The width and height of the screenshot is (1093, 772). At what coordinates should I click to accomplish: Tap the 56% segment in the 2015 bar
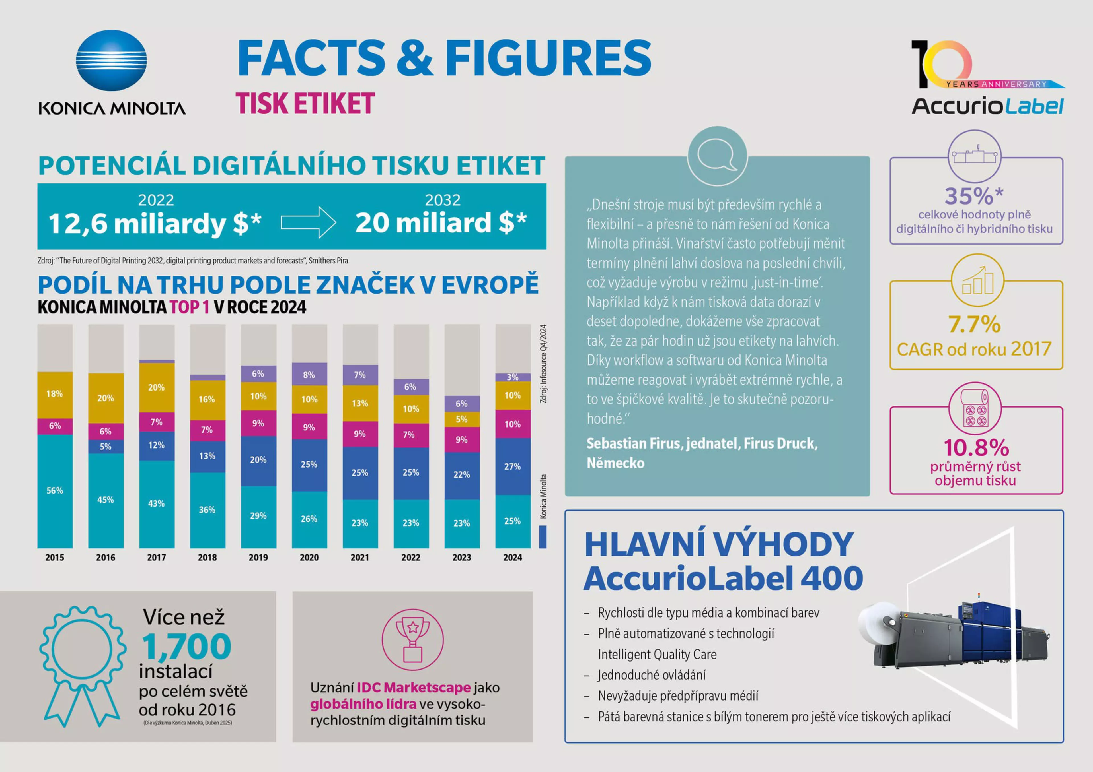click(x=55, y=490)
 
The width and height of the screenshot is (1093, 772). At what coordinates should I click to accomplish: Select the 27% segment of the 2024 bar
click(x=513, y=466)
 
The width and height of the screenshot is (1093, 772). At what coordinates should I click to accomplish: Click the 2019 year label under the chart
click(x=258, y=558)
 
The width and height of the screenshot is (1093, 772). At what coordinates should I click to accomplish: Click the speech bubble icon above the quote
click(x=717, y=156)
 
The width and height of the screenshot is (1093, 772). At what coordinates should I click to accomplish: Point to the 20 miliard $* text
click(x=441, y=223)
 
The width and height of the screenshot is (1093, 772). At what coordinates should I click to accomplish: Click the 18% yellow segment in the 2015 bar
click(x=55, y=394)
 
